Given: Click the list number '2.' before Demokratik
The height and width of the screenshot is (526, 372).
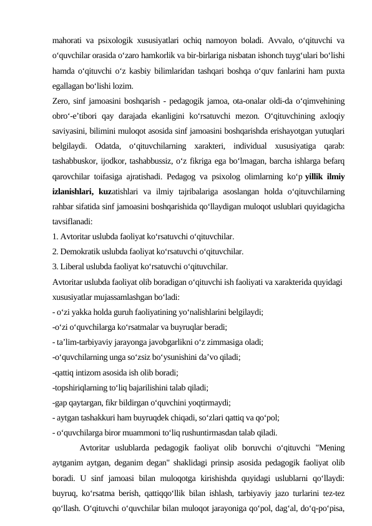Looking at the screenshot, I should pos(56,252).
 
